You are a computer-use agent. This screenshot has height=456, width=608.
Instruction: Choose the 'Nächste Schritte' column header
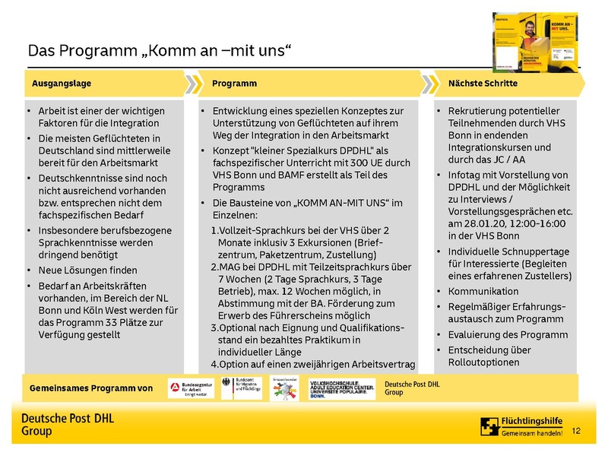(483, 83)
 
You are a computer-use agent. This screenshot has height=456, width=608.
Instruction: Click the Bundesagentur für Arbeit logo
(189, 388)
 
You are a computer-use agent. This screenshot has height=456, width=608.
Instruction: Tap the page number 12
(575, 431)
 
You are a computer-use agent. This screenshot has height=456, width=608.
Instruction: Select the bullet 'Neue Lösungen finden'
(87, 270)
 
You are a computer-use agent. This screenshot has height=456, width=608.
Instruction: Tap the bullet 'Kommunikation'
(483, 291)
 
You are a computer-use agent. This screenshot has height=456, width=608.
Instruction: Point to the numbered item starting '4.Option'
(312, 364)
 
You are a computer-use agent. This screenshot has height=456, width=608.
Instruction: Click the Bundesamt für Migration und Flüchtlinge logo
(239, 388)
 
